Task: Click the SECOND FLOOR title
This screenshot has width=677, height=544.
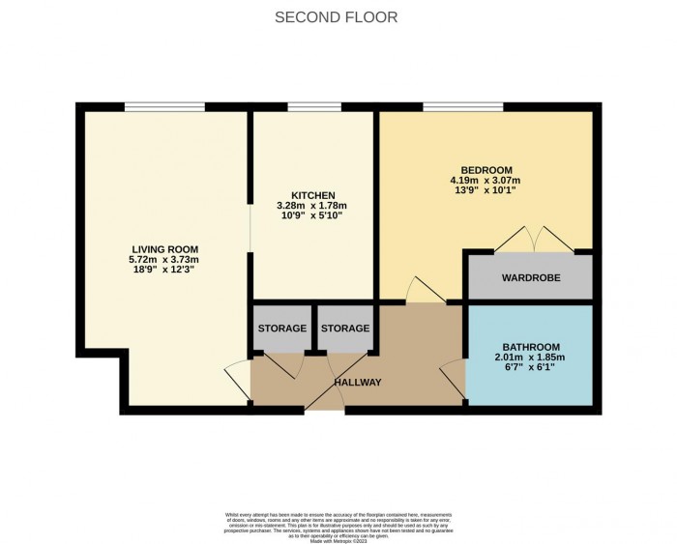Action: (336, 17)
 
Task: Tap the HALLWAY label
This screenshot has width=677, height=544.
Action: (358, 383)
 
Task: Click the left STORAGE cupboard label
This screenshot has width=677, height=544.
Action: (282, 329)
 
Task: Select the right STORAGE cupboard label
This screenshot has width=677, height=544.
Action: (345, 329)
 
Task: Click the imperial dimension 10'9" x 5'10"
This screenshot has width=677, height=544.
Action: (311, 215)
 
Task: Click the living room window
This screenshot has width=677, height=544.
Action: (163, 106)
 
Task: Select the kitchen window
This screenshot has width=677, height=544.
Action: (308, 106)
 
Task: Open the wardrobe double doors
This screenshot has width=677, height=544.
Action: (529, 240)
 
